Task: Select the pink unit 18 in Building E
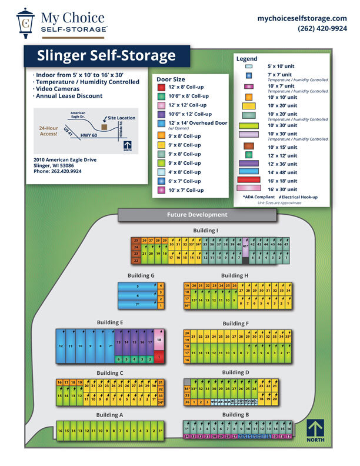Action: [x=159, y=340]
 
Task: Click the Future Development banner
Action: [x=197, y=215]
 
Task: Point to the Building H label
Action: [x=235, y=275]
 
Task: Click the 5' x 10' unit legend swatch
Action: [x=248, y=67]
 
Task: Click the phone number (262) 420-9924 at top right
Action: [x=322, y=28]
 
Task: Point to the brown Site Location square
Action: [x=104, y=126]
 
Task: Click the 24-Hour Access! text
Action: [x=48, y=131]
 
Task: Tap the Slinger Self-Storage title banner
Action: [x=106, y=56]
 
